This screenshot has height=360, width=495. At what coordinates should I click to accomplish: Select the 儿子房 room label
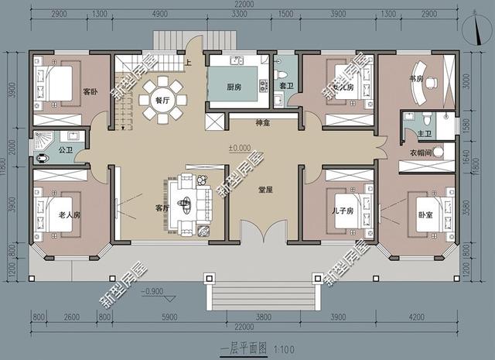pos(343,211)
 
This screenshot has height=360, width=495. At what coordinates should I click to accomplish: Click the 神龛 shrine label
pos(262,123)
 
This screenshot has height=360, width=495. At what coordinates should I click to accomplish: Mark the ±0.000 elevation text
pos(238,147)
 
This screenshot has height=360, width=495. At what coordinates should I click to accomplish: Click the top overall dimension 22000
pos(246,6)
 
